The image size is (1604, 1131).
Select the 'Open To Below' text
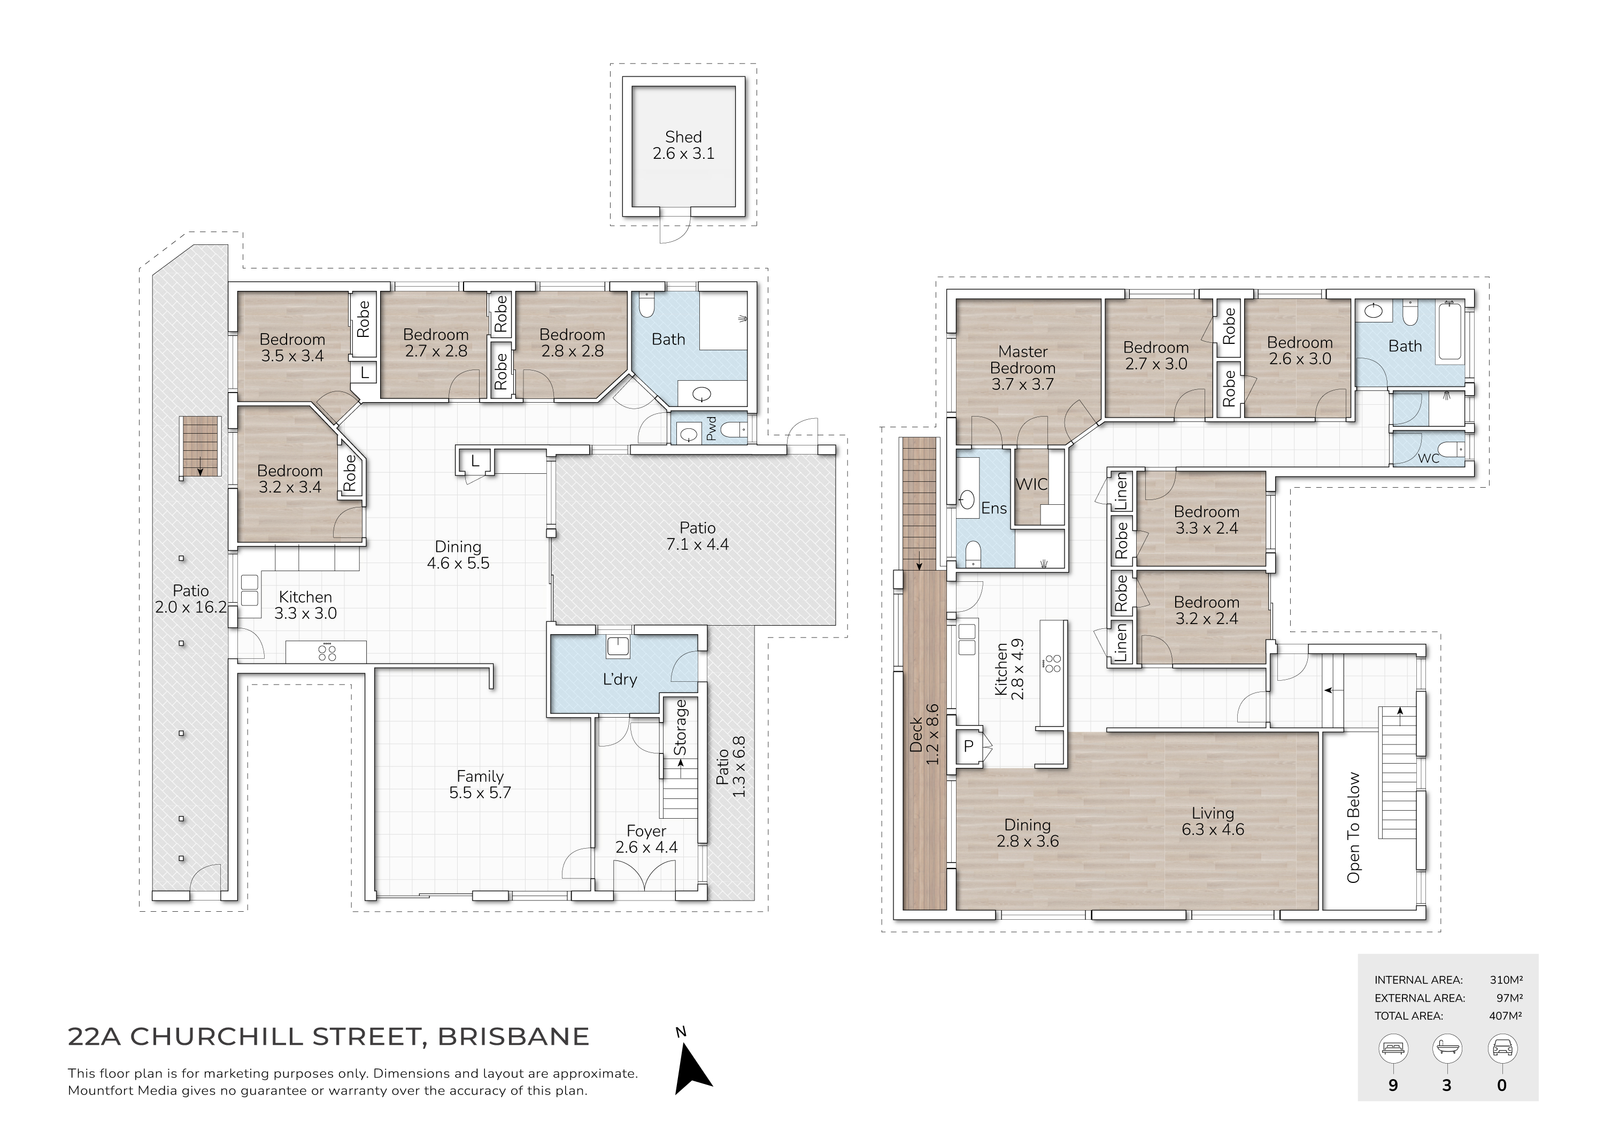(x=1353, y=827)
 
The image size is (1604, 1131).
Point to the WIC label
(x=1031, y=484)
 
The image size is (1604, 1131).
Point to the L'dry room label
(x=620, y=679)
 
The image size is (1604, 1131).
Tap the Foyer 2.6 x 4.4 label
(x=646, y=839)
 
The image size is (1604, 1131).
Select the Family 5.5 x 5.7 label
(x=480, y=784)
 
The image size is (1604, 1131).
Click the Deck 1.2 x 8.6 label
(x=924, y=734)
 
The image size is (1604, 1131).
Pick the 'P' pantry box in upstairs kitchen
(x=968, y=746)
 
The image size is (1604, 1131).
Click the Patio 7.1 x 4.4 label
(x=697, y=536)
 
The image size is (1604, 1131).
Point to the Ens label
(x=993, y=509)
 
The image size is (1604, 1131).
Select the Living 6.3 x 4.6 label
(x=1213, y=821)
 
